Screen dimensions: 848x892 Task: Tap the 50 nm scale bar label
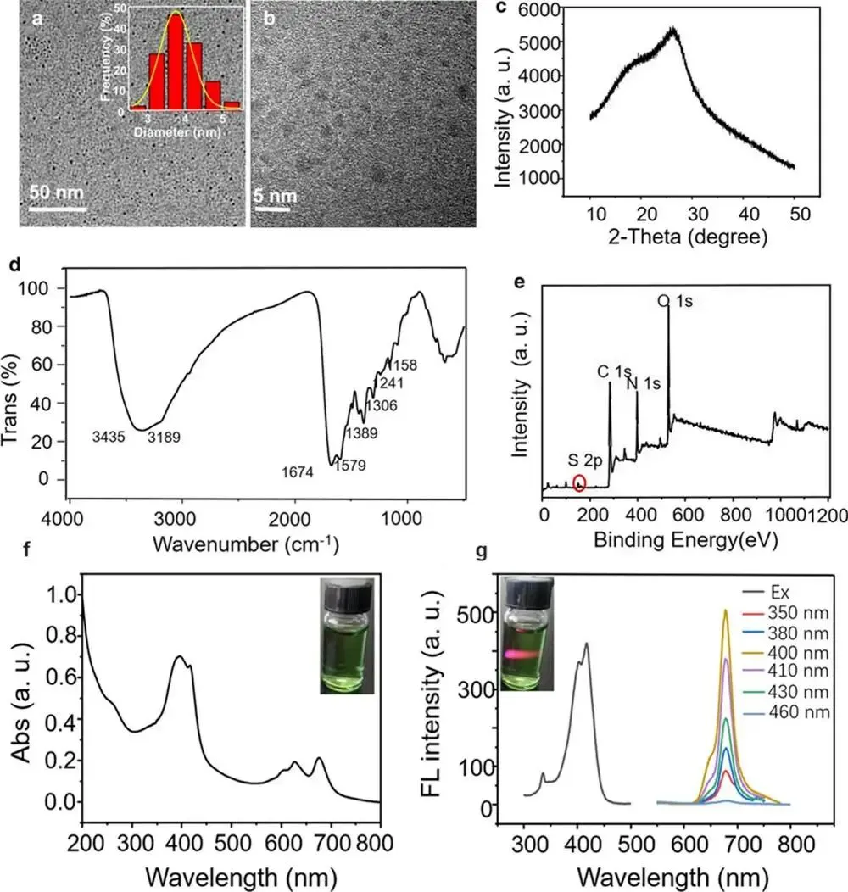pos(56,192)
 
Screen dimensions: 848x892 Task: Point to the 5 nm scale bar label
pos(276,196)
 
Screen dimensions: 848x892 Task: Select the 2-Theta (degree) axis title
pos(688,237)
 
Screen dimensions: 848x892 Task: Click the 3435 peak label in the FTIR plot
pos(109,437)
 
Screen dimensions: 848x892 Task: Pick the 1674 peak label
pos(298,472)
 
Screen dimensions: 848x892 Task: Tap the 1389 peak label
pos(362,433)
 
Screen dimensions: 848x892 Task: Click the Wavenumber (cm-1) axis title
pos(246,544)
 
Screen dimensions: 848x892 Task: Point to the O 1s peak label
pos(675,301)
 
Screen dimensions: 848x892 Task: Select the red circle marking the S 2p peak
pos(579,482)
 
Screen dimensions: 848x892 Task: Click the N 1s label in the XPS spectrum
pos(643,384)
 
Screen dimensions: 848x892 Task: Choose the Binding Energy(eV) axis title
pos(686,539)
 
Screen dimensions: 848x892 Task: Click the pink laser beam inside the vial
pos(523,655)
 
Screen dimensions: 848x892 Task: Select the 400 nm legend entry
pos(786,653)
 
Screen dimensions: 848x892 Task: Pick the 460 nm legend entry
pos(786,712)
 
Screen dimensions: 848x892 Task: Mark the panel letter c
pos(502,7)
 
